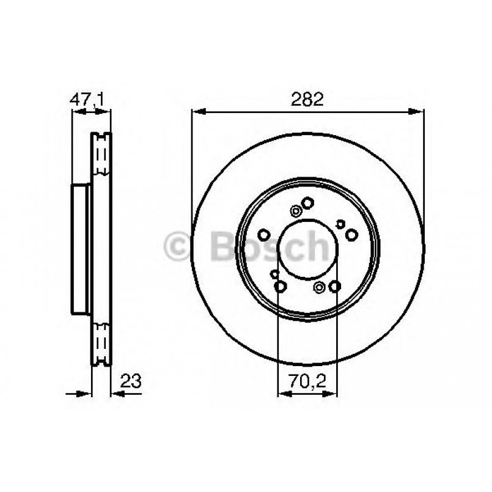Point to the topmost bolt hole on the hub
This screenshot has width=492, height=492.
[x=308, y=203]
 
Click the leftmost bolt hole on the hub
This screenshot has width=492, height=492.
[x=264, y=235]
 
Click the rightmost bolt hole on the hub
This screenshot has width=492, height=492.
[x=351, y=235]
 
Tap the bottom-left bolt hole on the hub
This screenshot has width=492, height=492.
[x=281, y=286]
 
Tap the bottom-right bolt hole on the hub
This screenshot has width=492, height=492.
[x=334, y=286]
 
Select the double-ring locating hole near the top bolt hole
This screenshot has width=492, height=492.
[x=296, y=211]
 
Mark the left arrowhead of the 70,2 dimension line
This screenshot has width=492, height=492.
[x=282, y=394]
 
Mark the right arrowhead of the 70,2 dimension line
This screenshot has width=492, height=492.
[x=334, y=394]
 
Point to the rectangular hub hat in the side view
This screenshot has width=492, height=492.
[x=81, y=247]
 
